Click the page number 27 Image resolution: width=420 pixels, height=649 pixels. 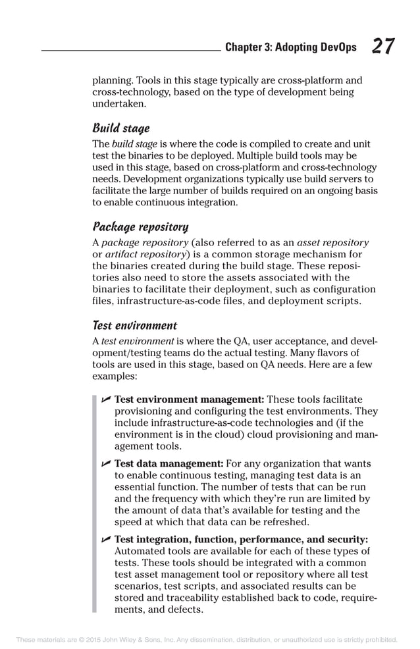click(383, 47)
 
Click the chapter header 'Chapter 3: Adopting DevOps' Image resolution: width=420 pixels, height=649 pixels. click(290, 47)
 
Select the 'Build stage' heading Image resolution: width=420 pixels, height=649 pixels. click(120, 128)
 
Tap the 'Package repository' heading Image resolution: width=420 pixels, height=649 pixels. click(140, 227)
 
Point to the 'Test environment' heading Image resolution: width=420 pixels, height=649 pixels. click(134, 325)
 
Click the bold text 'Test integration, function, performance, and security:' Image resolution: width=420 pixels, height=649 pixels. click(241, 539)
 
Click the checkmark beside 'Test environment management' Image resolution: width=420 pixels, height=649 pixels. click(105, 400)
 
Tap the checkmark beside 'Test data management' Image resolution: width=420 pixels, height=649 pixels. click(105, 464)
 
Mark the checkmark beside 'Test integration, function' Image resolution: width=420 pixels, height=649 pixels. click(105, 539)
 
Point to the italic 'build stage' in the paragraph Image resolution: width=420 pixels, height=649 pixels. click(134, 143)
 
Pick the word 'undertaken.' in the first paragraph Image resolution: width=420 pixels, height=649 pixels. click(118, 103)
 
